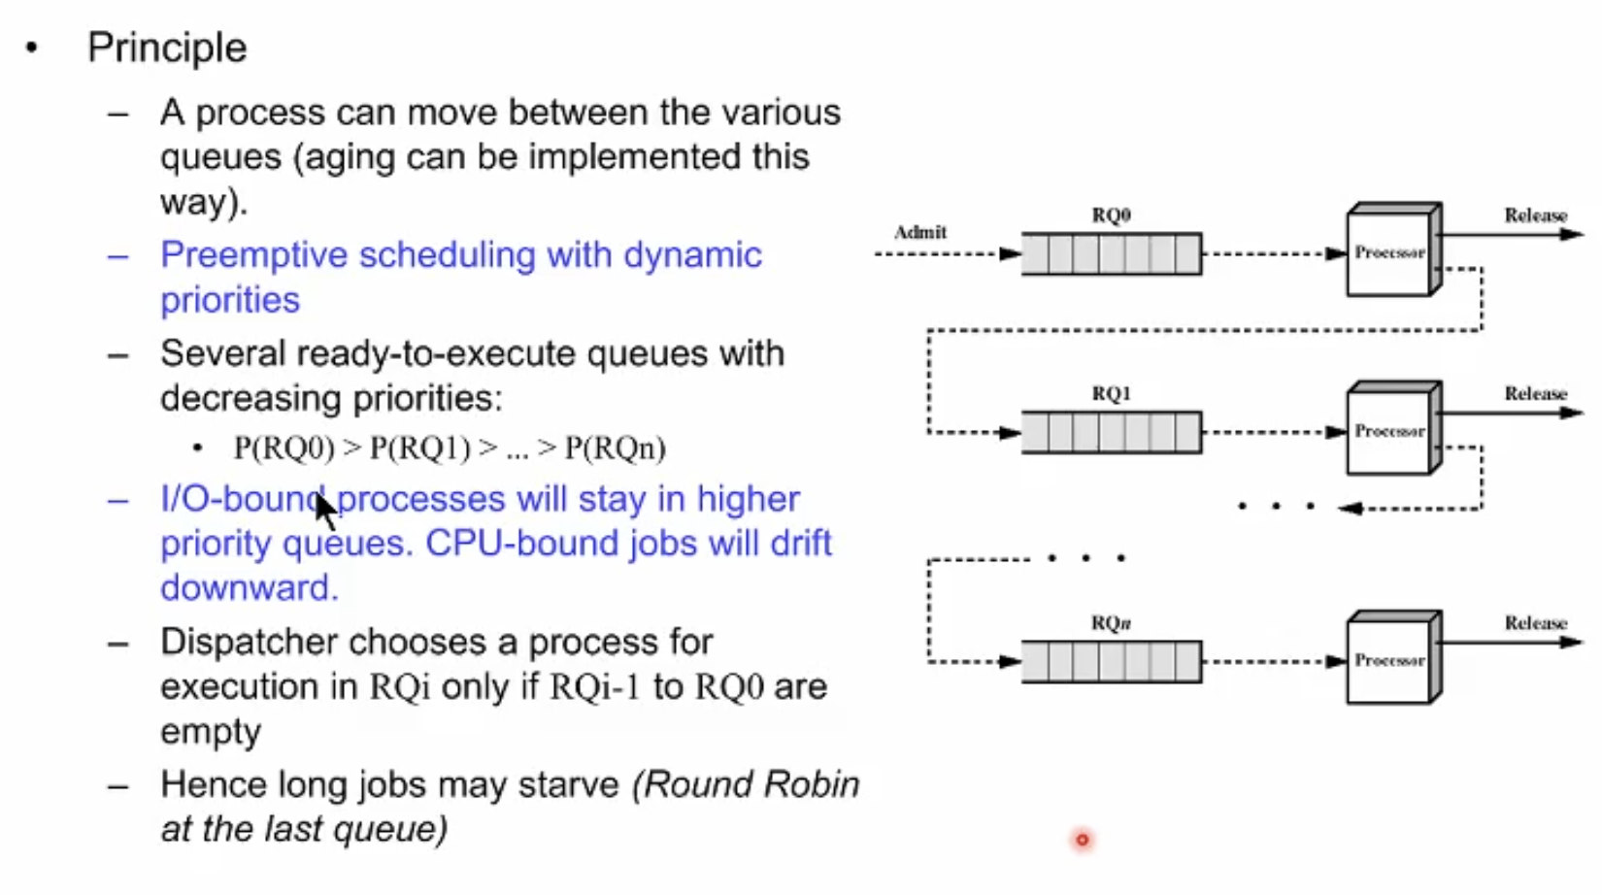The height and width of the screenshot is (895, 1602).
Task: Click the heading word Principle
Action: point(167,48)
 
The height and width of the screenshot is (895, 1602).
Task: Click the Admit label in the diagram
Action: point(919,232)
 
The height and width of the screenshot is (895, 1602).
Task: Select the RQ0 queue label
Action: point(1111,215)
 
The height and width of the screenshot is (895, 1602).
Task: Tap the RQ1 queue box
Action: point(1111,433)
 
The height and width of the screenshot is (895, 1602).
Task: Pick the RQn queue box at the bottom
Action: point(1111,662)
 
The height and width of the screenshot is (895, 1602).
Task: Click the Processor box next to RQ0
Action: point(1389,252)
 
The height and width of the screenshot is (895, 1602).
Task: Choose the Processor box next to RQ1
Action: point(1389,431)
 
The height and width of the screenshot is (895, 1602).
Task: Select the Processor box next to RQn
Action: point(1389,660)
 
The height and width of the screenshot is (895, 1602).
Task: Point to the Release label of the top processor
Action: point(1535,215)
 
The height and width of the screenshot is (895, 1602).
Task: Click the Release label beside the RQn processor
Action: point(1535,622)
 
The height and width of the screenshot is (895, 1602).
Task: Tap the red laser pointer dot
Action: point(1082,840)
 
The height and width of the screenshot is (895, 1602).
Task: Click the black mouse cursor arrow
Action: point(325,510)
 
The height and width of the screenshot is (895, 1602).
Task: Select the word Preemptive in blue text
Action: point(250,255)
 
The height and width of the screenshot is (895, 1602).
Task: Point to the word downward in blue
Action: point(249,588)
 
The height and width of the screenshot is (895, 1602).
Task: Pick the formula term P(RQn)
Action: point(616,448)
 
